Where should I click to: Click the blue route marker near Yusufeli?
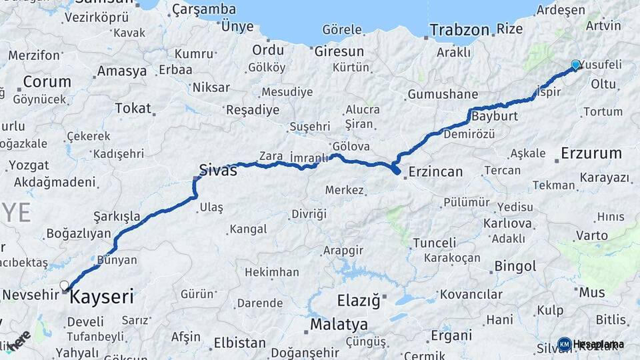pos(575,65)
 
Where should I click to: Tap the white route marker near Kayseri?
pos(65,286)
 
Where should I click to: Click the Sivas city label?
pos(218,169)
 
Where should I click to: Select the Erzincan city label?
pos(435,171)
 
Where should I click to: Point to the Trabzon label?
pos(459,30)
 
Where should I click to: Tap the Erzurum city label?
pos(591,153)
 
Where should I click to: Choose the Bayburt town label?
pos(495,116)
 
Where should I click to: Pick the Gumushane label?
pos(443,94)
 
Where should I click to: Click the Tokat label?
pos(133,108)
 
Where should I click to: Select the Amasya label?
pos(121,71)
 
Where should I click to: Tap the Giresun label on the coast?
pos(339,51)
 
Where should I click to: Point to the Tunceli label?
pos(434,243)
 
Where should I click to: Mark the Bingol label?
pos(515,267)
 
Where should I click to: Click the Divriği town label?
pos(309,214)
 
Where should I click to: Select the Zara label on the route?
pos(271,156)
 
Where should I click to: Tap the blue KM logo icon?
pos(564,344)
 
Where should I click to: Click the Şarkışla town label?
pos(117,216)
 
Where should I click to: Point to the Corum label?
pos(47,82)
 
